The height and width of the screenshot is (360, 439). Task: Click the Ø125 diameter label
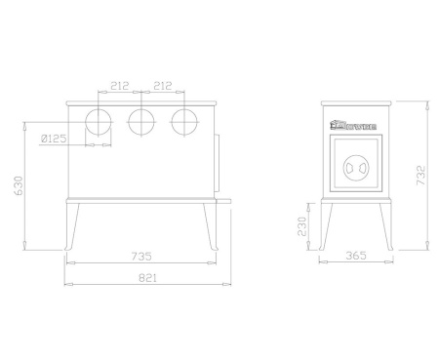point(56,140)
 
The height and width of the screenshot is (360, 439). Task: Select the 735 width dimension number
point(142,257)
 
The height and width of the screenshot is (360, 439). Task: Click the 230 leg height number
point(302,227)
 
